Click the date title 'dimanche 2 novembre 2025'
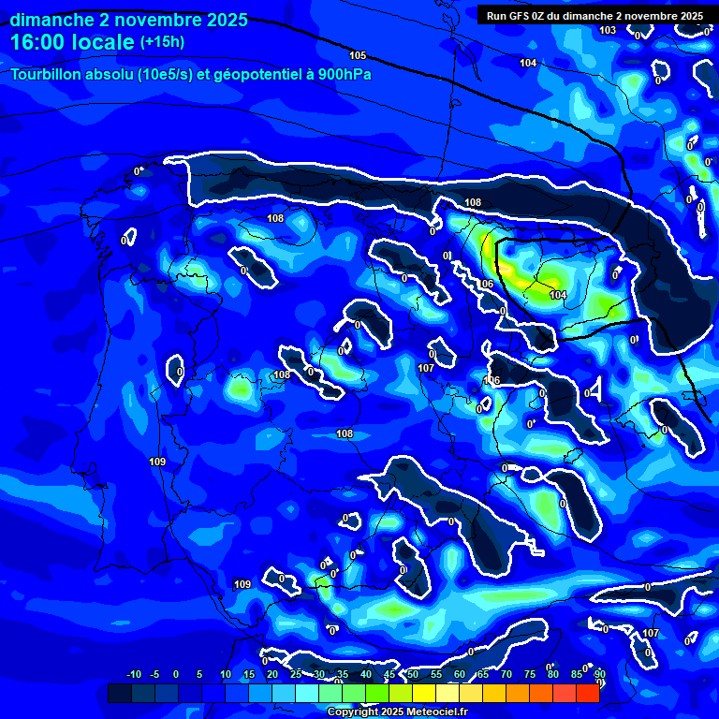point(129,20)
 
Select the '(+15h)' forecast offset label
point(163,42)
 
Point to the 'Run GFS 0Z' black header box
point(594,15)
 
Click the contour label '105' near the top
point(358,56)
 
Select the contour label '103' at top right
point(609,30)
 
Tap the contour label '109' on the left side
point(157,462)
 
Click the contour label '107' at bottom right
point(652,633)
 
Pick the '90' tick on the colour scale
point(599,675)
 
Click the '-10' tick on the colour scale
point(133,675)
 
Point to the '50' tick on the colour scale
point(412,675)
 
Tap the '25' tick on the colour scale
point(295,675)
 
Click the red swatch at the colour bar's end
point(587,693)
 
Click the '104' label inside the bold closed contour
point(558,295)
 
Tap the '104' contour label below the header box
point(528,63)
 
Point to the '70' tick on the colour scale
point(506,675)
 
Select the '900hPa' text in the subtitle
point(345,74)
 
